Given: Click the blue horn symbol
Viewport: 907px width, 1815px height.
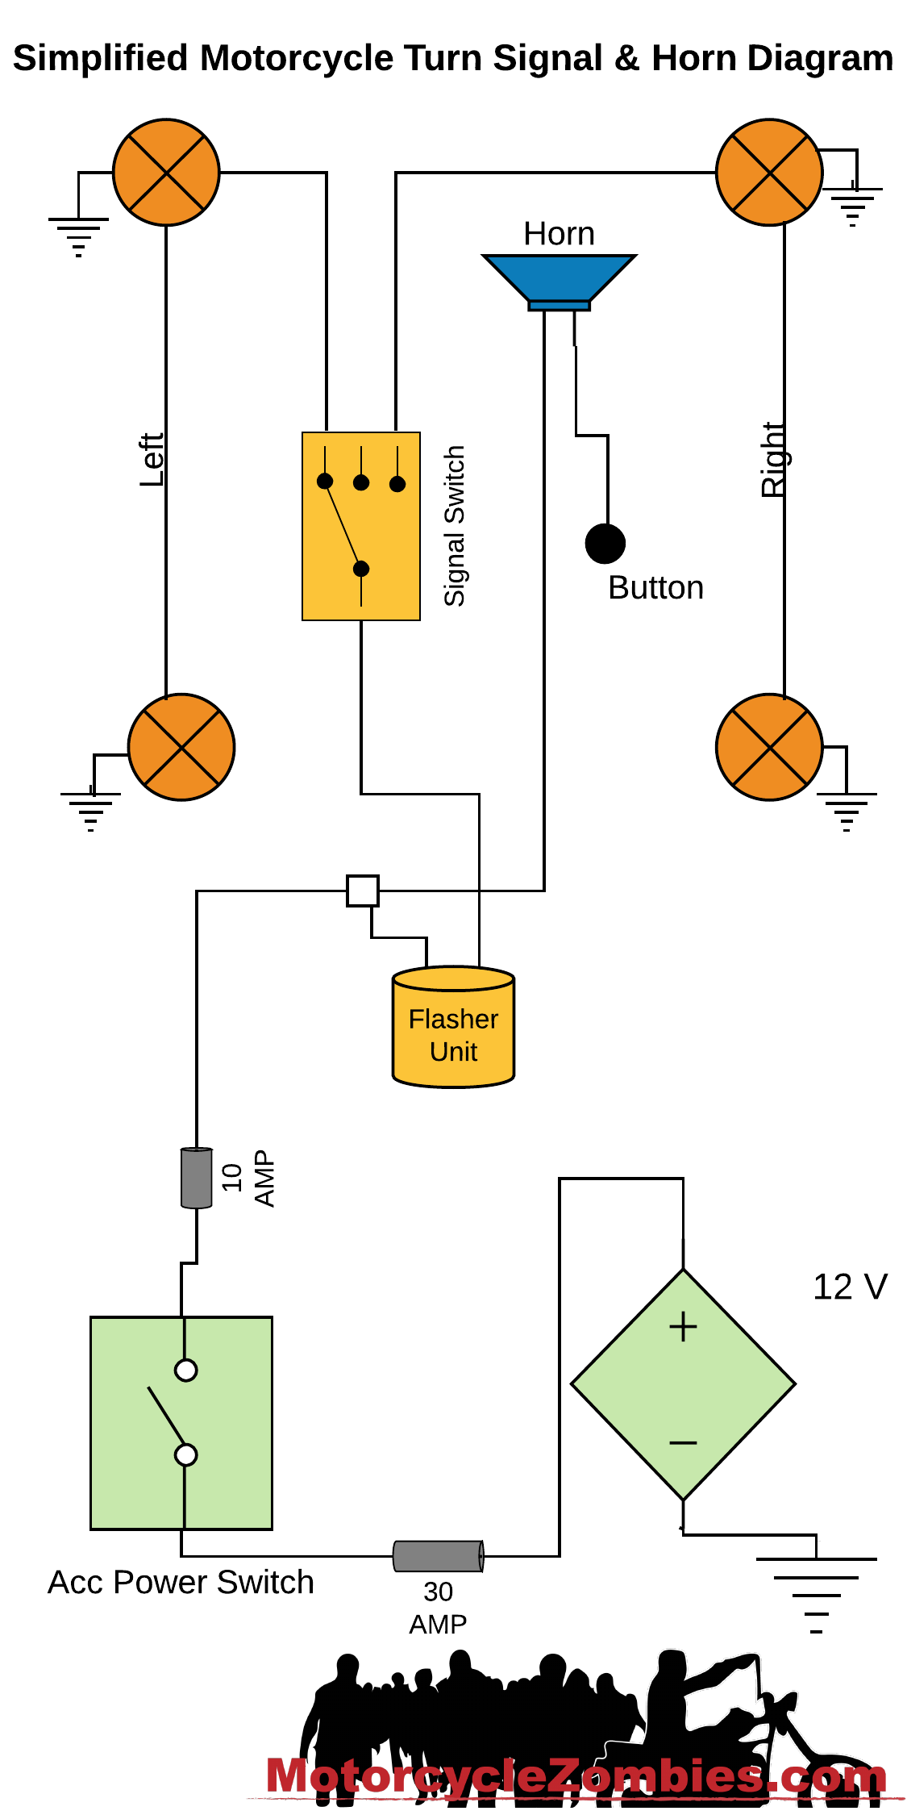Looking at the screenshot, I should tap(559, 279).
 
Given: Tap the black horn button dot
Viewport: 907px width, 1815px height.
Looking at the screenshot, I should tap(605, 544).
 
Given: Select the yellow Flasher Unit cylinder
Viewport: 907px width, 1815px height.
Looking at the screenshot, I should tap(453, 1028).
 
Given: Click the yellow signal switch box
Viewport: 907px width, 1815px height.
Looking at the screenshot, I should tap(361, 526).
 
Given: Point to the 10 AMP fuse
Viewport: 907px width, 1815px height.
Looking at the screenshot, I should tap(197, 1178).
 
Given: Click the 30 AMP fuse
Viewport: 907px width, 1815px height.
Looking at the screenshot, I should tap(439, 1556).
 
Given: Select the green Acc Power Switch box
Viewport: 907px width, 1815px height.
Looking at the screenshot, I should tap(181, 1423).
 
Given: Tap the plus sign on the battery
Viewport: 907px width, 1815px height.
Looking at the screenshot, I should tap(683, 1327).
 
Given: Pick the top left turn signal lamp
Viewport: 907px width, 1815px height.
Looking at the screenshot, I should tap(166, 173).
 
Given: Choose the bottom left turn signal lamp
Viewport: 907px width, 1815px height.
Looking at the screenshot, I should tap(181, 747).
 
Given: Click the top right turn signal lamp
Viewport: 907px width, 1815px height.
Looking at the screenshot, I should tap(769, 173).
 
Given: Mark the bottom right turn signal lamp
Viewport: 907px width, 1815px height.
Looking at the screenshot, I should tap(769, 747).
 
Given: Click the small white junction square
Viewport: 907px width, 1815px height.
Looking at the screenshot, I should tap(363, 891).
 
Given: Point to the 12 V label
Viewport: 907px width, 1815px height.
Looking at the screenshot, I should tap(850, 1287).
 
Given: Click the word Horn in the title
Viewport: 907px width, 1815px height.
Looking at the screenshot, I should tap(693, 59).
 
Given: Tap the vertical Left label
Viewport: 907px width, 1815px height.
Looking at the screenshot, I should tap(152, 460).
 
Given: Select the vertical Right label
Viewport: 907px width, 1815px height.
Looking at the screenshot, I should tap(773, 460).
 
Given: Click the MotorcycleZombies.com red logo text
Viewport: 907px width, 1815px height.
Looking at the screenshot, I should tap(576, 1776).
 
